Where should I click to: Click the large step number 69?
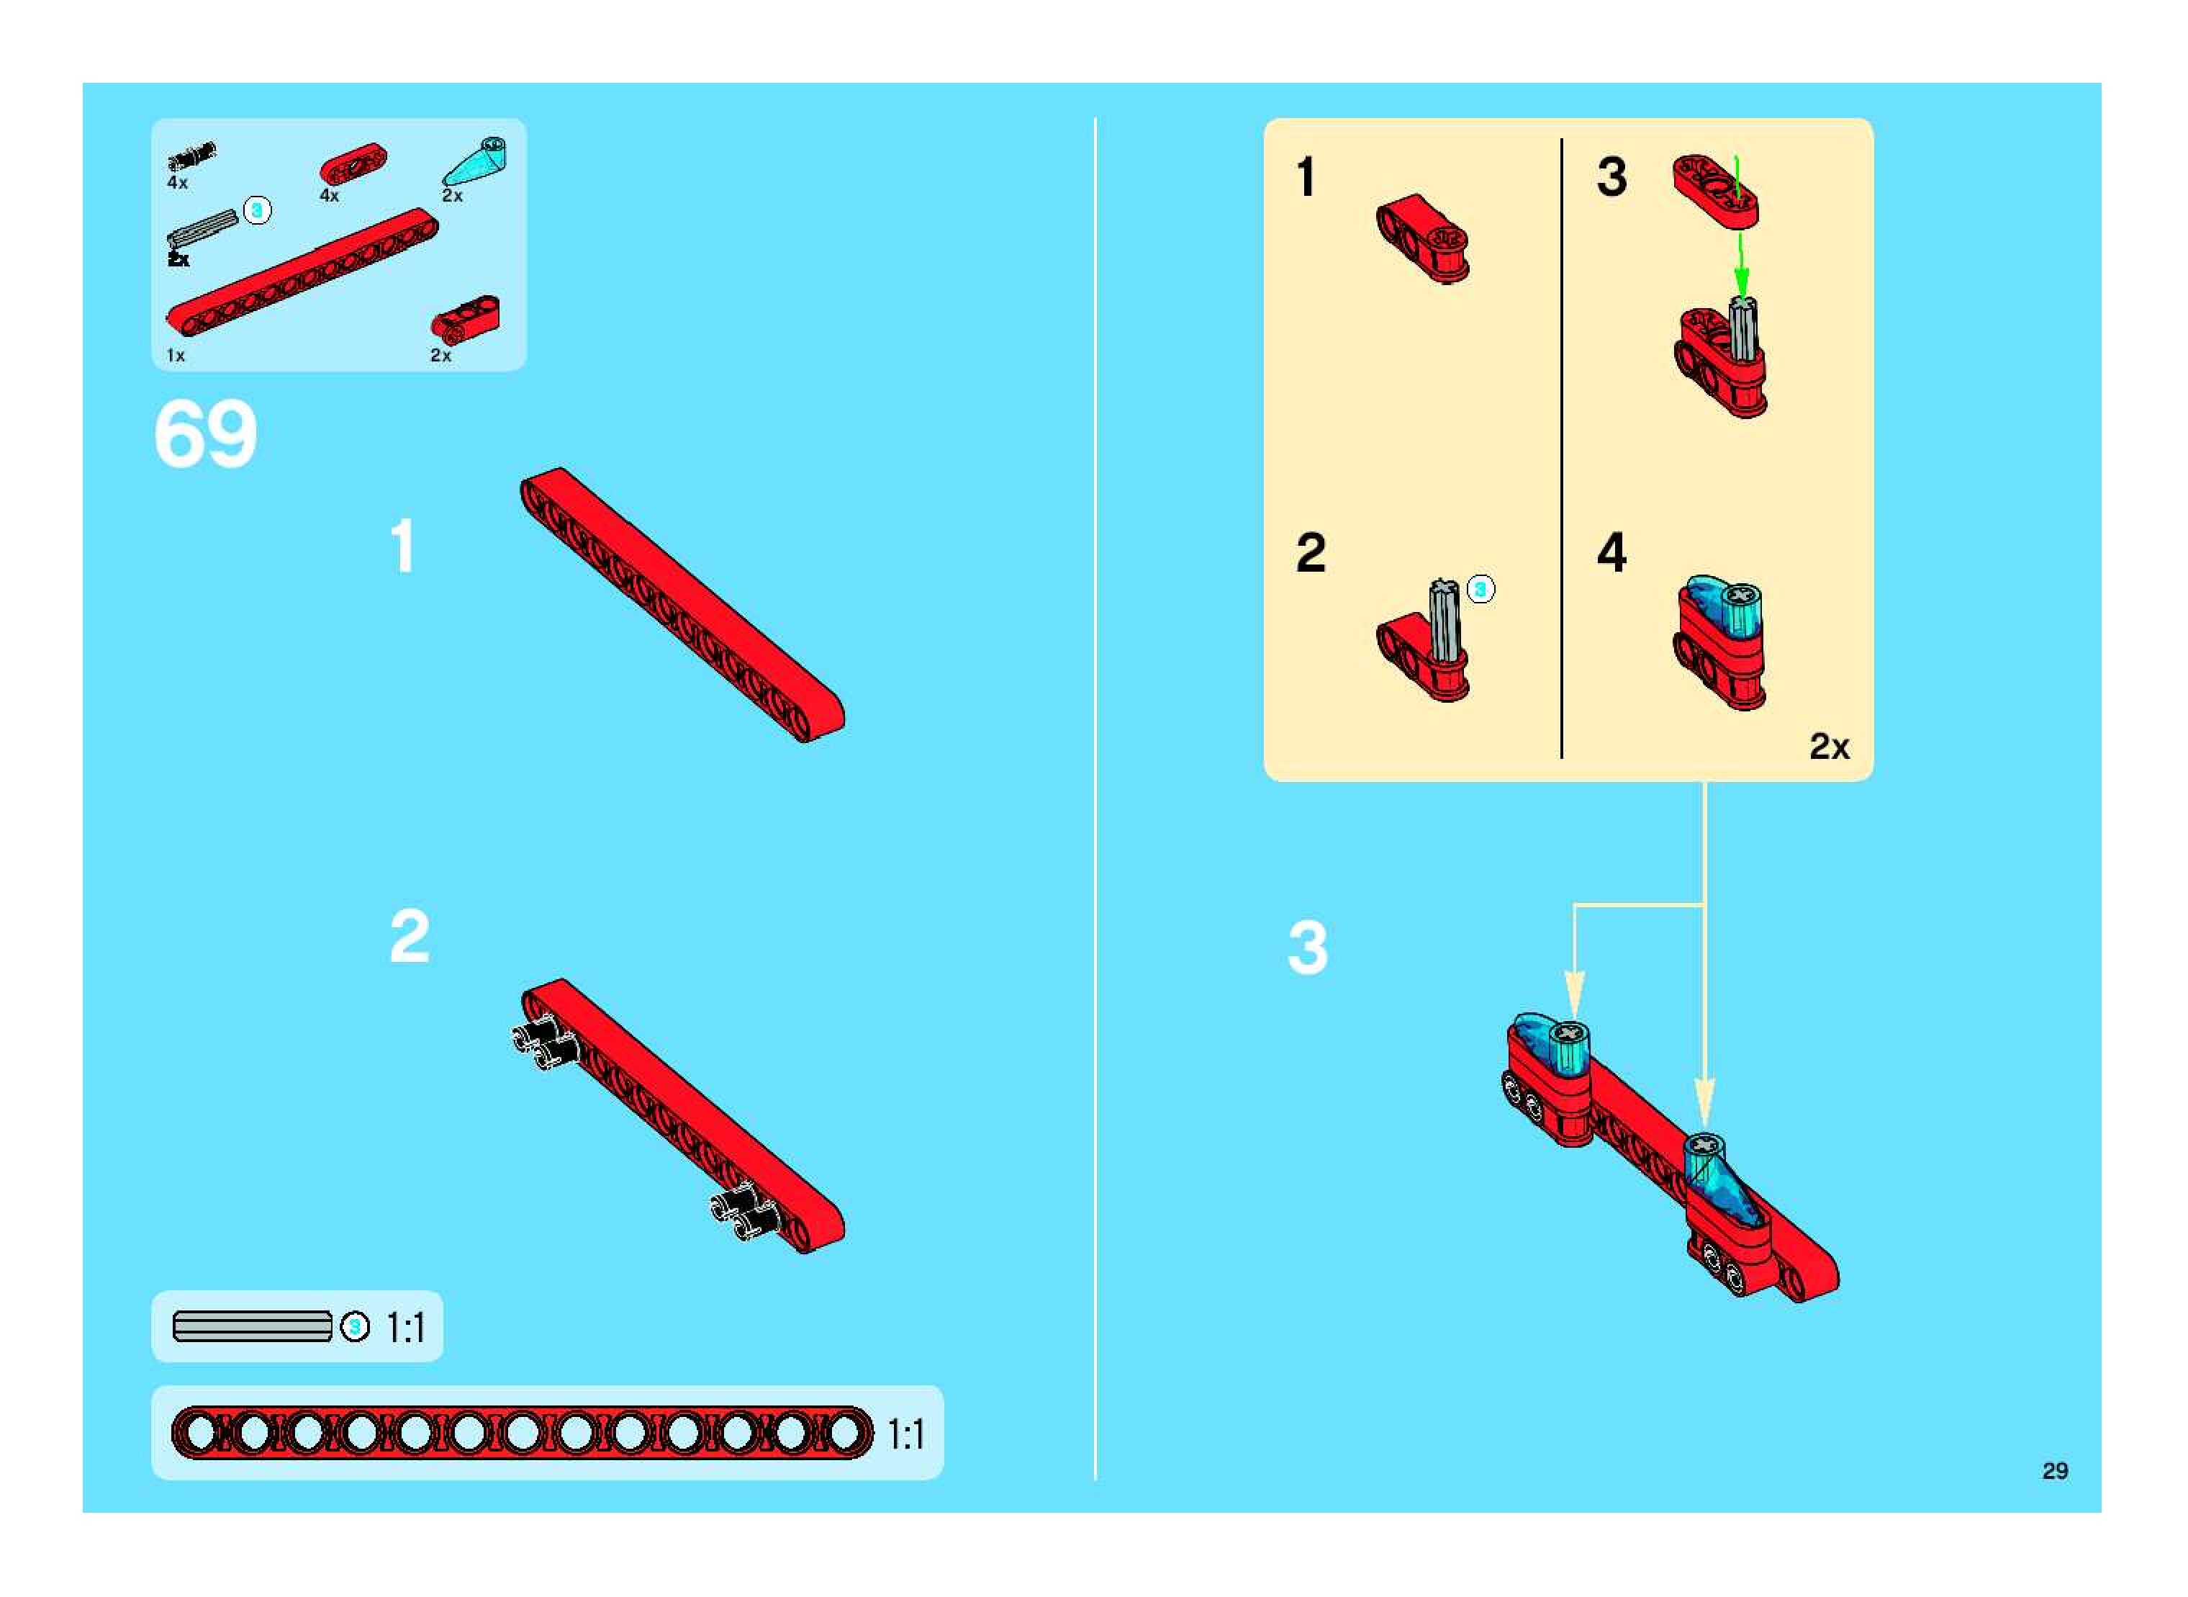click(x=205, y=434)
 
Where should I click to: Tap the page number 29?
click(x=2055, y=1470)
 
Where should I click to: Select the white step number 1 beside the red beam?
click(x=403, y=546)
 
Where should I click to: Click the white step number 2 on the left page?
click(x=409, y=936)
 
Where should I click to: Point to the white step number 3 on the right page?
click(x=1308, y=948)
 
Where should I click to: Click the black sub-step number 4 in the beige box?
click(x=1611, y=552)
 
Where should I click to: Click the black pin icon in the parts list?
click(x=191, y=157)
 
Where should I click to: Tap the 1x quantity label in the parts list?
click(x=175, y=356)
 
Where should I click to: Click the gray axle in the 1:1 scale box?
click(x=252, y=1326)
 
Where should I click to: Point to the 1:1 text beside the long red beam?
click(x=905, y=1434)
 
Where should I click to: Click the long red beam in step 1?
click(x=682, y=605)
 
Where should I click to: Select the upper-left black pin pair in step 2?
click(x=543, y=1044)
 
